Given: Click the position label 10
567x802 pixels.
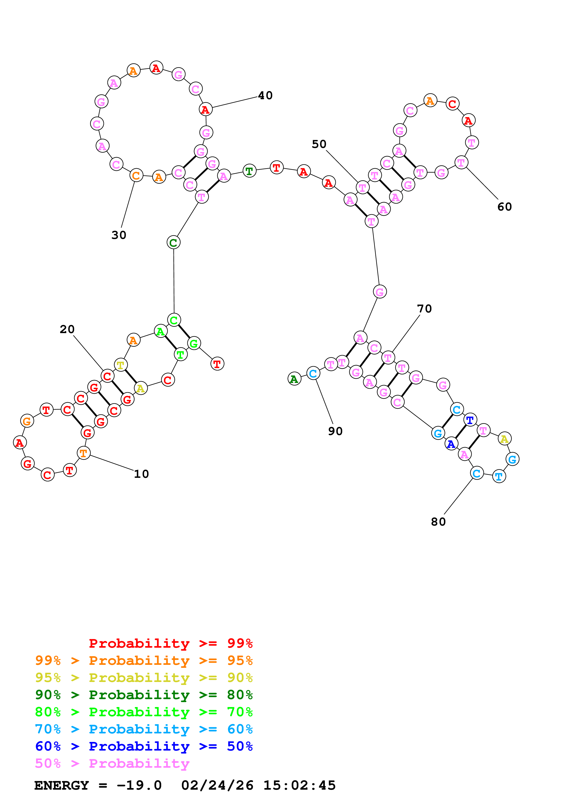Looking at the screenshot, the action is tap(142, 474).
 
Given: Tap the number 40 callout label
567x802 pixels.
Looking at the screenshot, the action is tap(265, 95).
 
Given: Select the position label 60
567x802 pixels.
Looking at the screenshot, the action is tap(505, 207).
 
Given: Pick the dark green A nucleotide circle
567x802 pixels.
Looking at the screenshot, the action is tap(294, 379).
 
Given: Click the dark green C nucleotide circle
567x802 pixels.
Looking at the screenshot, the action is tap(173, 242).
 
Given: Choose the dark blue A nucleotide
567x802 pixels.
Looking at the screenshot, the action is tap(451, 444).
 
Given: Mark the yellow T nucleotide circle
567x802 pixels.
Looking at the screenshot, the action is tap(121, 365).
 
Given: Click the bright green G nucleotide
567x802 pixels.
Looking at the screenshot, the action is tap(193, 344).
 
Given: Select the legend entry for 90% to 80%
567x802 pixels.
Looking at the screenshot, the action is tap(144, 695).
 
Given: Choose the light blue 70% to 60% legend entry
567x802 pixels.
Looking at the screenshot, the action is tap(144, 729).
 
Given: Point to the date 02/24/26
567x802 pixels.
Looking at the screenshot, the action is tap(217, 786).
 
